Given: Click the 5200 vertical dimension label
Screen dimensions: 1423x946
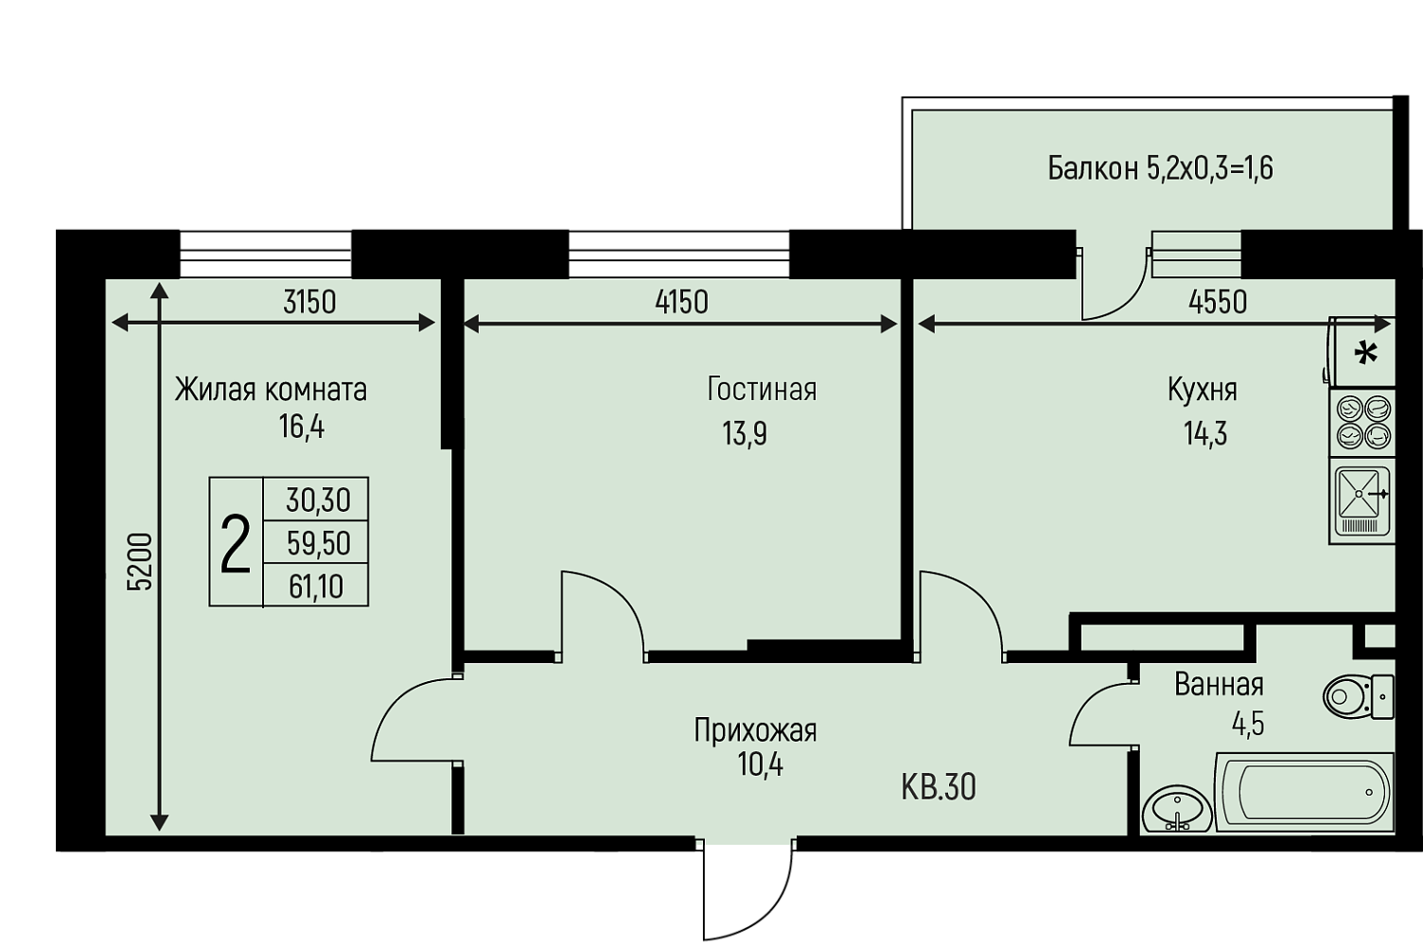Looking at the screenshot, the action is coord(140,562).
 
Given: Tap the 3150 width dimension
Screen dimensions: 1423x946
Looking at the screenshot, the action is coord(309,303).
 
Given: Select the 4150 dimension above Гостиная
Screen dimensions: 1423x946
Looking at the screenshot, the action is coord(681,303).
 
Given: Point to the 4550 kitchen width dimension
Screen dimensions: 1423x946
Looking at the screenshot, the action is coord(1218,303).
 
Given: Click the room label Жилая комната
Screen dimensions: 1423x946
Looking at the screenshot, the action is coord(271,390).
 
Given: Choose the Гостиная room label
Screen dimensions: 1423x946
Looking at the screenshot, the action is coord(762,389).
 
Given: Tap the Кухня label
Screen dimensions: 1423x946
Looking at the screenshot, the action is coord(1203,390).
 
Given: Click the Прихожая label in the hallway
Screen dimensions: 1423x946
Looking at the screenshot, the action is coord(755,730).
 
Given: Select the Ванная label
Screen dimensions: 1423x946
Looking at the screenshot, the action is coord(1219,685).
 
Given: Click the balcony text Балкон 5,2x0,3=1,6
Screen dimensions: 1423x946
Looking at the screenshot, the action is coord(1161,169).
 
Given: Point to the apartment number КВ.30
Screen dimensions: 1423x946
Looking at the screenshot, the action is coord(939,788).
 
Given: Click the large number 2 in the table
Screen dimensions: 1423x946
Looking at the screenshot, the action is coord(235,545).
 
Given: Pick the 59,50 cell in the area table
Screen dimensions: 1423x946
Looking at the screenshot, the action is coord(319,544).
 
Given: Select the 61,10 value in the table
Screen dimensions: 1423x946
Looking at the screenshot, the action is coord(316,587).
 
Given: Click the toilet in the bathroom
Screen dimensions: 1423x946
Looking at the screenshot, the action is coord(1359,696).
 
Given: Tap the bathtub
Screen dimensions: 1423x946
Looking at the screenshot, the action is coord(1305,792).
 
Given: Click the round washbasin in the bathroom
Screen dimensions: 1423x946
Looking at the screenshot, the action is coord(1177,808).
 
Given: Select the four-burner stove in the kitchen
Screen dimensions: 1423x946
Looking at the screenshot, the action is coord(1362,423).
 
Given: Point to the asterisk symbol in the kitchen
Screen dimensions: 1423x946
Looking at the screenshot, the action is coord(1366,354).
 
